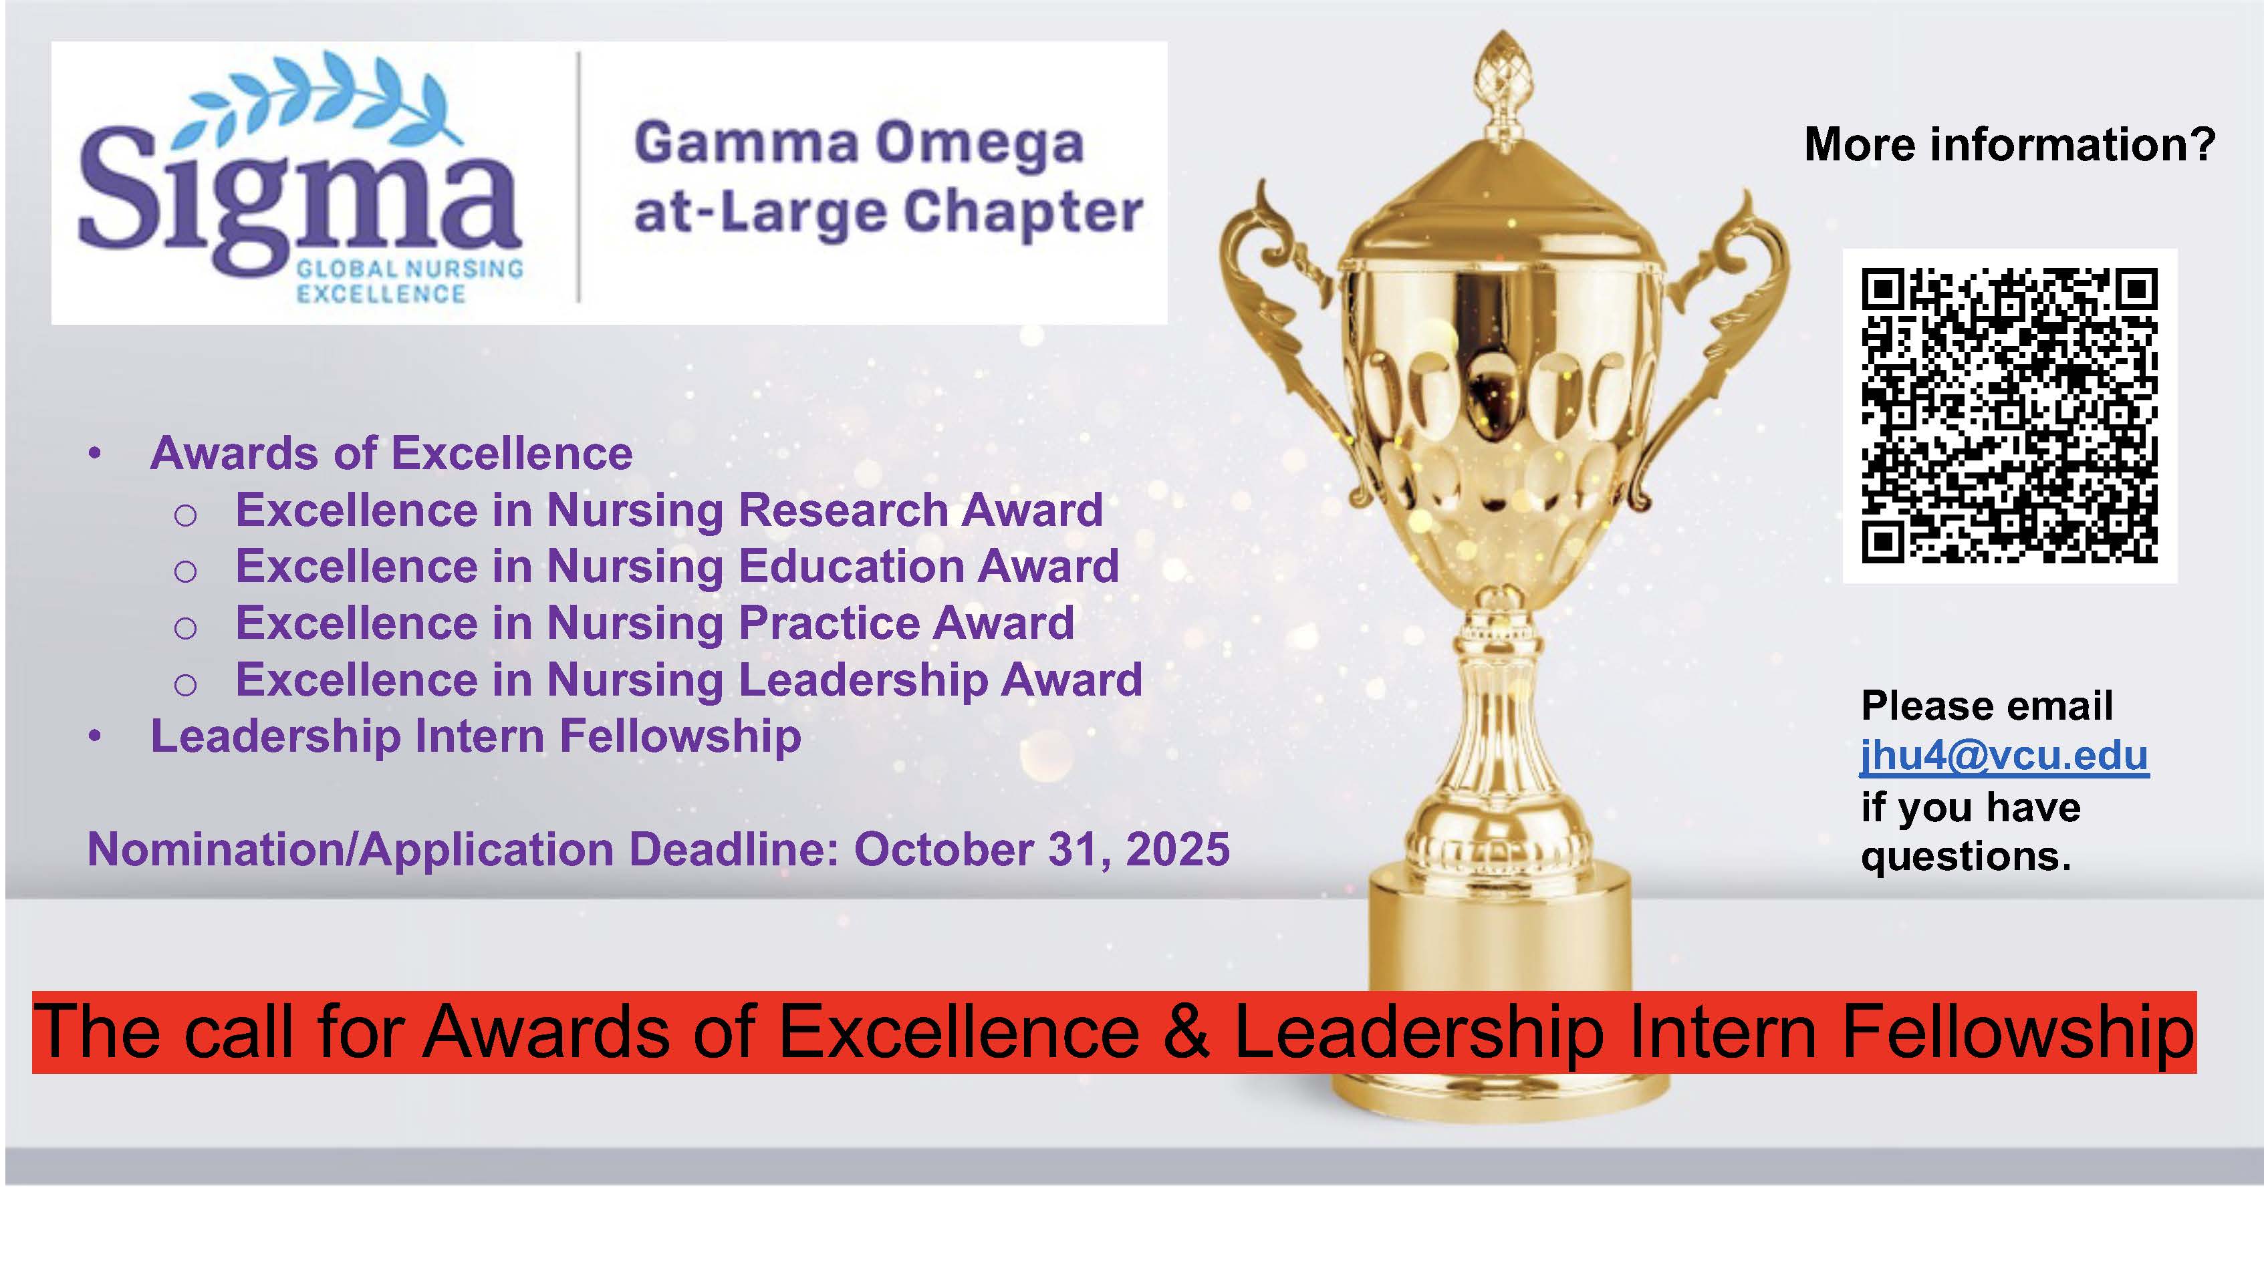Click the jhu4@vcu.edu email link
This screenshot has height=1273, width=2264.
tap(2004, 756)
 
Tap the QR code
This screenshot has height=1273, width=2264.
tap(2009, 416)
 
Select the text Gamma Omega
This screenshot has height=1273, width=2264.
tap(859, 143)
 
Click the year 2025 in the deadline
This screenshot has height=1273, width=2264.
tap(1178, 849)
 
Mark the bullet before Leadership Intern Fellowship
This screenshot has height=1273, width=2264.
tap(95, 737)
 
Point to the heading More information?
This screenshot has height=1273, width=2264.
tap(2009, 144)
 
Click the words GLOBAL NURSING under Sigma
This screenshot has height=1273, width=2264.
tap(410, 269)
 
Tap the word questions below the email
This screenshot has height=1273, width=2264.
tap(1965, 857)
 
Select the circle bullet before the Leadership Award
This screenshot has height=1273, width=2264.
tap(185, 684)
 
